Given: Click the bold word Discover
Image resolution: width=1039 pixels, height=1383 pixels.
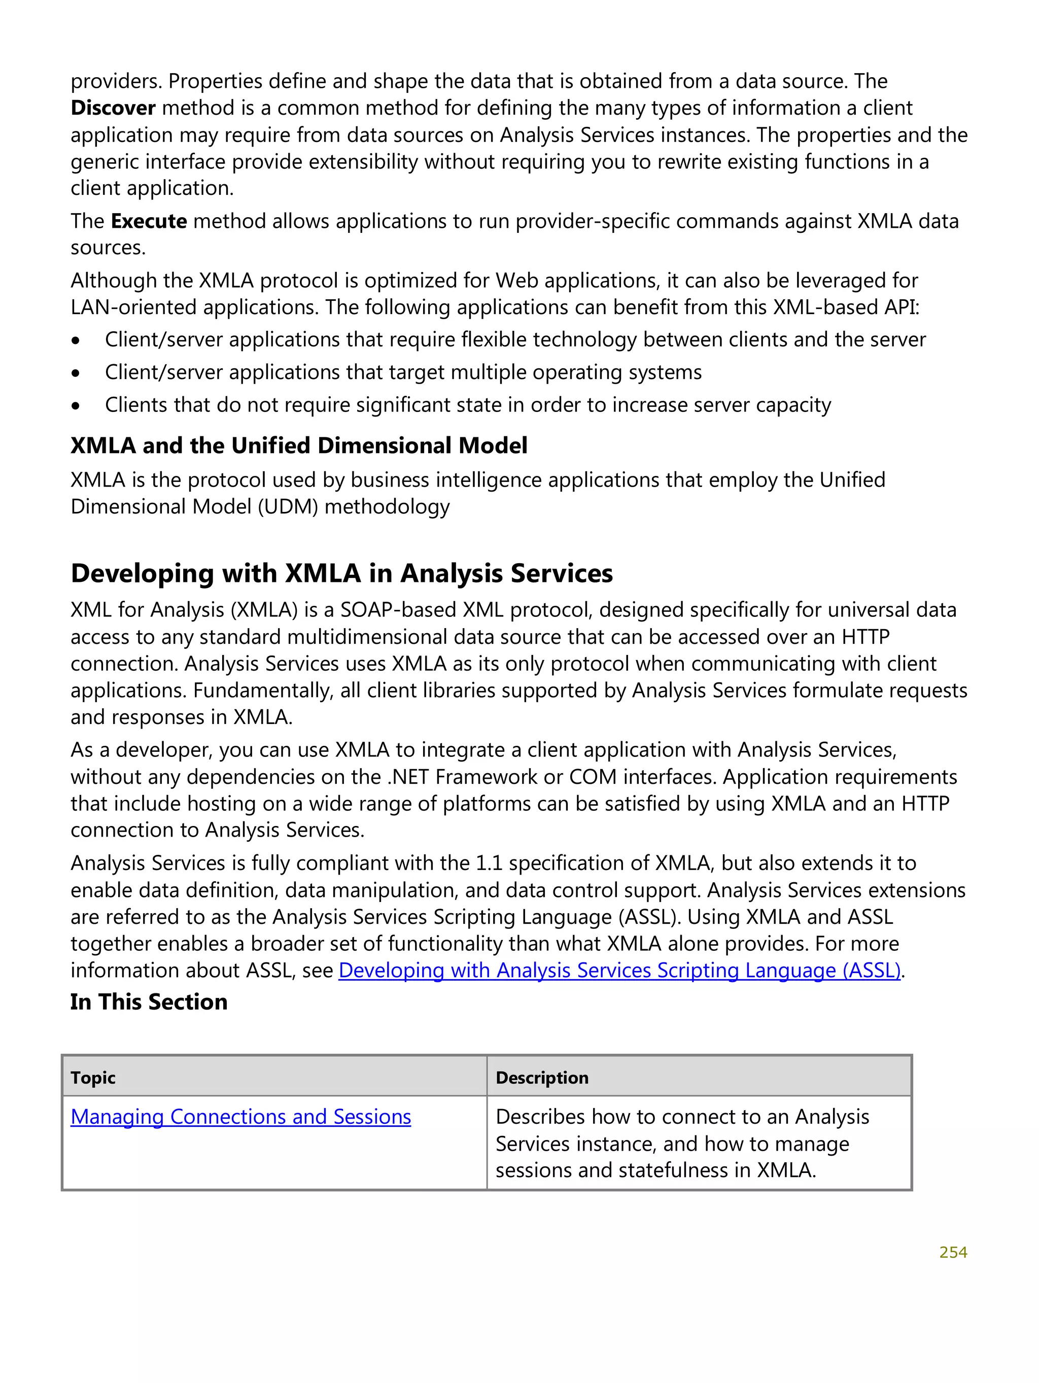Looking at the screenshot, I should click(x=113, y=108).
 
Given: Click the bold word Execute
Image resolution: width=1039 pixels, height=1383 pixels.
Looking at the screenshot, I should click(x=149, y=221).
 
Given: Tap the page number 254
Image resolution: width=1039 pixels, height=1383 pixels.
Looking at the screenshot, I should click(x=953, y=1252).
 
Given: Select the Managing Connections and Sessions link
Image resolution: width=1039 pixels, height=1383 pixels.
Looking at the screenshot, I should click(x=240, y=1117).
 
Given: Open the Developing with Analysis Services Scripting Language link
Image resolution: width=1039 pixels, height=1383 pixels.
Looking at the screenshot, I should click(x=619, y=971).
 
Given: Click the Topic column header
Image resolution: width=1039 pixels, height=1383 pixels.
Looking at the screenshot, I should click(x=93, y=1078).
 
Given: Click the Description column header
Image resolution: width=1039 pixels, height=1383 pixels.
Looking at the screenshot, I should click(x=541, y=1078).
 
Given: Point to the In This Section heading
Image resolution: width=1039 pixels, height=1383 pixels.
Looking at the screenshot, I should click(x=149, y=1002).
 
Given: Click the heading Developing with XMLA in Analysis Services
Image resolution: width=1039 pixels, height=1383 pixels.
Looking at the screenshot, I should click(x=341, y=573).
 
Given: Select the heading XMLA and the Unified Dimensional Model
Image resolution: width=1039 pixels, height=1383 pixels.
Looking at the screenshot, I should click(x=299, y=446).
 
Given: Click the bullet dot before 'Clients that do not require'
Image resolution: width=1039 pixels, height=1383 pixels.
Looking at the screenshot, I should click(x=76, y=406).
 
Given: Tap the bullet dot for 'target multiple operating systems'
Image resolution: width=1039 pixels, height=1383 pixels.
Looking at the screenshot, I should click(x=76, y=374).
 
